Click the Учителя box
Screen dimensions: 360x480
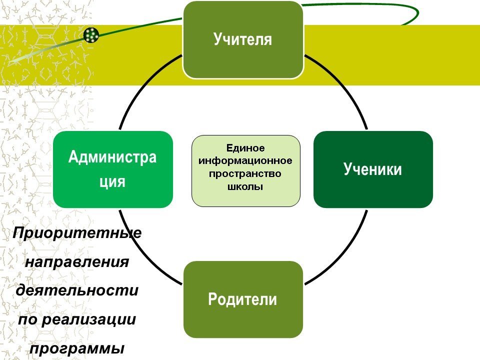click(x=243, y=40)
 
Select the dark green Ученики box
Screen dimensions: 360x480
click(x=373, y=169)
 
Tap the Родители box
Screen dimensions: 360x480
click(x=243, y=299)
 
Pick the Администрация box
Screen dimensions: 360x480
click(x=113, y=169)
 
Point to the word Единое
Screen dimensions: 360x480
click(x=245, y=148)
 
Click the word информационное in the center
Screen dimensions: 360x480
click(x=245, y=161)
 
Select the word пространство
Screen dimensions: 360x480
click(x=245, y=174)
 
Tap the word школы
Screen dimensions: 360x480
click(x=245, y=187)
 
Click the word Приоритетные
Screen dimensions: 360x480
click(x=77, y=233)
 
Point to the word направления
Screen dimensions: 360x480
click(x=77, y=261)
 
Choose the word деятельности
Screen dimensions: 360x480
click(x=77, y=290)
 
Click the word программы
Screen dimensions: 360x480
click(x=77, y=348)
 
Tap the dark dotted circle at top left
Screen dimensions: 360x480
click(x=91, y=35)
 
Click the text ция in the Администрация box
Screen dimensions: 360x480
click(x=112, y=182)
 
